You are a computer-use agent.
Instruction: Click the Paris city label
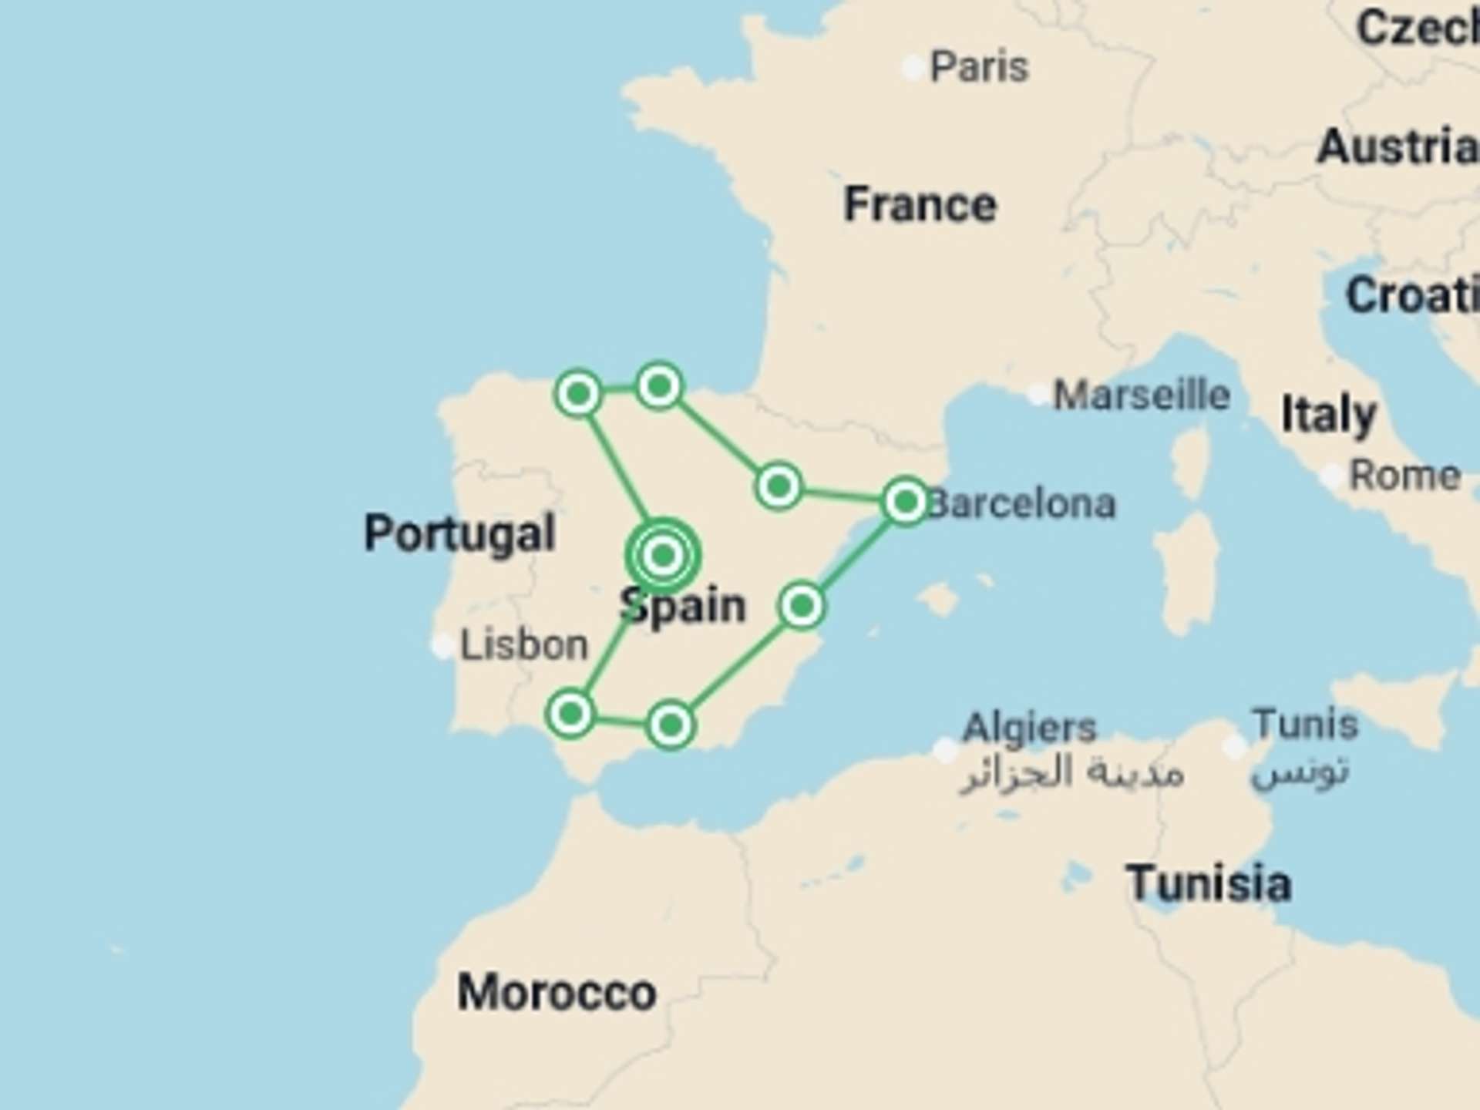click(979, 67)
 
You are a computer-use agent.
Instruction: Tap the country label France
click(920, 204)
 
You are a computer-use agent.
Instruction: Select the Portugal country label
click(459, 533)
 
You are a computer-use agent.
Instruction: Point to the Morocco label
click(557, 992)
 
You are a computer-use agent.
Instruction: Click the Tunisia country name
click(1208, 883)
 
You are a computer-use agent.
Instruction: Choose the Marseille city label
click(1142, 395)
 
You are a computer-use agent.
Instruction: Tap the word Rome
click(1404, 476)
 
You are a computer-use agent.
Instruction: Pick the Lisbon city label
click(524, 644)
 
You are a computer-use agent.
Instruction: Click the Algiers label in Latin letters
click(1029, 727)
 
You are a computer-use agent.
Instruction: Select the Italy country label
click(1328, 415)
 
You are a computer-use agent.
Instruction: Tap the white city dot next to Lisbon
click(442, 645)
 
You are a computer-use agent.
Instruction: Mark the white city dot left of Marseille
click(1038, 395)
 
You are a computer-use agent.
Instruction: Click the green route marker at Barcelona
click(906, 502)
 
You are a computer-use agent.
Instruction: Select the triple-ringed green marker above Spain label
click(663, 555)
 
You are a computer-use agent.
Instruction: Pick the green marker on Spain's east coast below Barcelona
click(802, 606)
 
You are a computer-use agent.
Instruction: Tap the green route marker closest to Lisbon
click(570, 714)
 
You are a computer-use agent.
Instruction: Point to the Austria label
click(1397, 146)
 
